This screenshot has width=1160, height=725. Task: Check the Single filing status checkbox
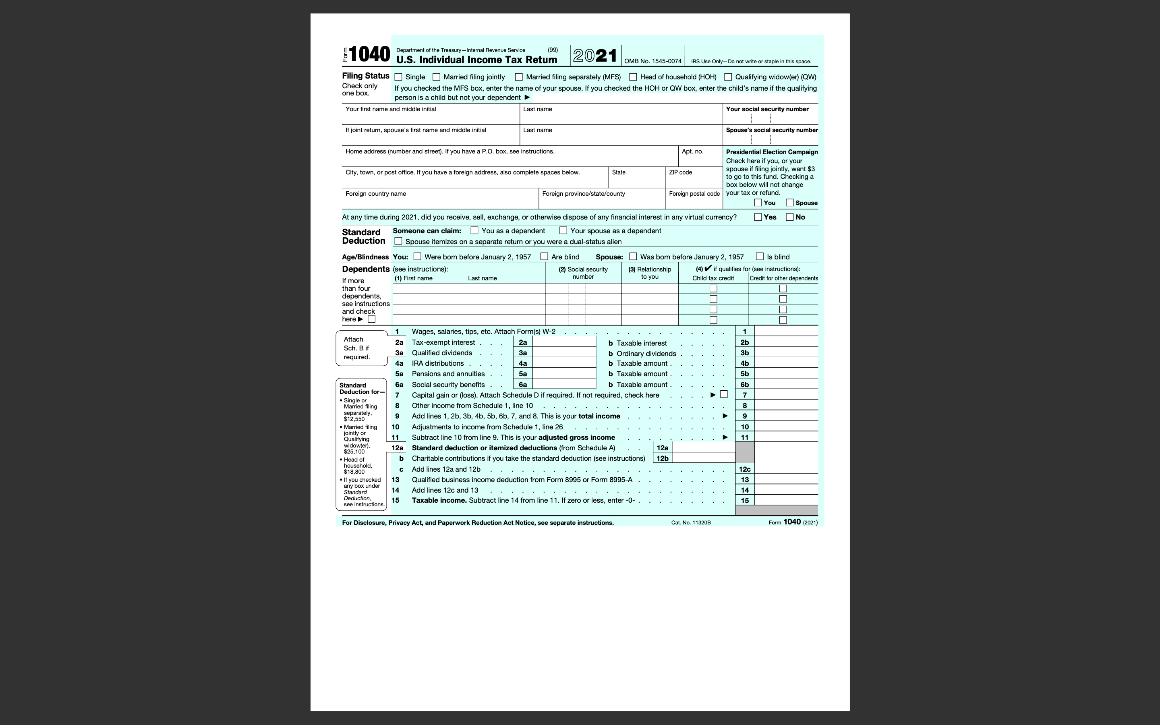click(x=398, y=77)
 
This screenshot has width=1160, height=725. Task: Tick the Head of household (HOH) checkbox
click(x=633, y=77)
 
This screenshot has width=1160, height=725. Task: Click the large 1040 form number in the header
click(x=369, y=54)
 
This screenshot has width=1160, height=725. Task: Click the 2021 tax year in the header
click(x=595, y=56)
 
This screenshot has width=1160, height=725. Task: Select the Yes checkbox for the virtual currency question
click(x=758, y=217)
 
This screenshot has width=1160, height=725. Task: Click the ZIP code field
click(x=694, y=181)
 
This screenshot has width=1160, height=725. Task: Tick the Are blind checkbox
click(x=544, y=257)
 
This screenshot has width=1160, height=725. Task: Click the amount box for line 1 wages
click(x=786, y=331)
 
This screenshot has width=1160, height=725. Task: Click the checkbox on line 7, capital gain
click(x=724, y=395)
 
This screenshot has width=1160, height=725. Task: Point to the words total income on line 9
click(x=599, y=416)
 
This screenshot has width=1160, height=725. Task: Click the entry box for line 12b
click(x=703, y=458)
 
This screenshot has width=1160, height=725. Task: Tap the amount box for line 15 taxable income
click(x=786, y=501)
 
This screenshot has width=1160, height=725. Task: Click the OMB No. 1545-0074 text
click(x=652, y=61)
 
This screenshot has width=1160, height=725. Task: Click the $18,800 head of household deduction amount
click(x=354, y=472)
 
